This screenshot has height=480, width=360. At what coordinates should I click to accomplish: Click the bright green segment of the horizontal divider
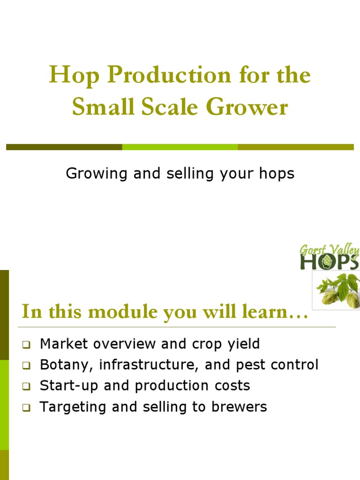coord(180,147)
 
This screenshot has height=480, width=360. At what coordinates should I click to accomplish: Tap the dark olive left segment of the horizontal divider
coord(64,147)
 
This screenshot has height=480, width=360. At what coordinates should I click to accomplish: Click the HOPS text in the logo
coord(329,262)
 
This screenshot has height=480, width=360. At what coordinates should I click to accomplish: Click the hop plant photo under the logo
coord(337,290)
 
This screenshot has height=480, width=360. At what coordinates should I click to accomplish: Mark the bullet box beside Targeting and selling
coord(26,408)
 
